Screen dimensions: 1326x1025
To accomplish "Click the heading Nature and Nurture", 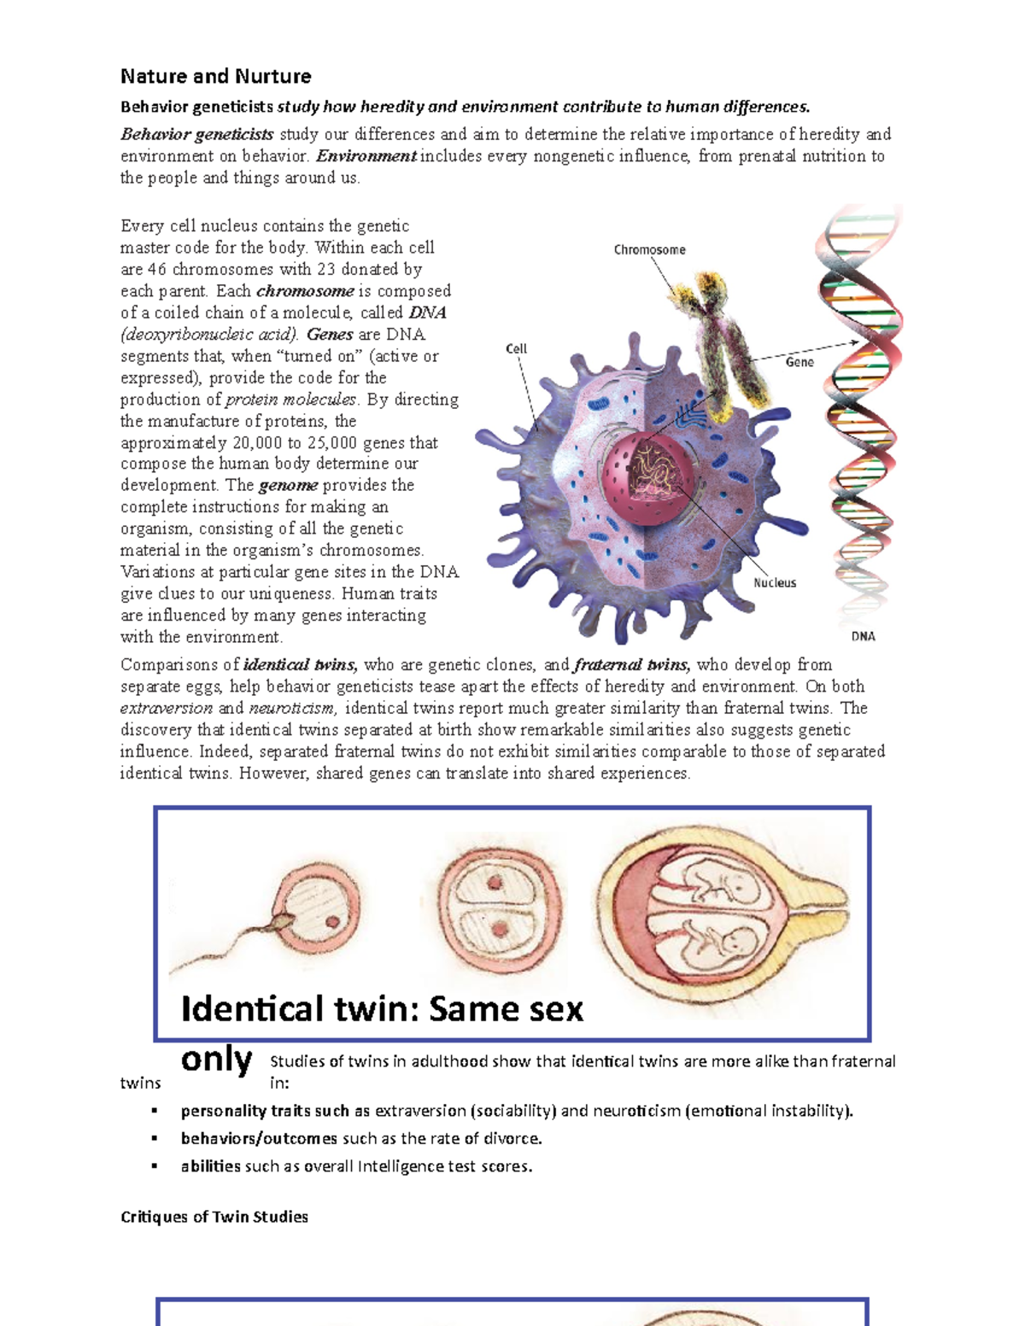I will pos(215,76).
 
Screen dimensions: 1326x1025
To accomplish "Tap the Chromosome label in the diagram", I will pos(649,249).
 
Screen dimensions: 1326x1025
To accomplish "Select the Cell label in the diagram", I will pos(516,348).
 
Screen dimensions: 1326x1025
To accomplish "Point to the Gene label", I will pos(799,362).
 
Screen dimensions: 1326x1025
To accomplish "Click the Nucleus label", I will pos(775,582).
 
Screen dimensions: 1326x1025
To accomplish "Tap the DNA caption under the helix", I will pos(863,636).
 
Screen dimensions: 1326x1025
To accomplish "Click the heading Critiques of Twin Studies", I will pos(214,1217).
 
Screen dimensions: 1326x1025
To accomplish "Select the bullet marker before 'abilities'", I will pos(155,1166).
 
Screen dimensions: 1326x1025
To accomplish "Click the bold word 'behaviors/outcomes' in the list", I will pos(259,1138).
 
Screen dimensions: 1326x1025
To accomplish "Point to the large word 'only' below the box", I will pos(216,1060).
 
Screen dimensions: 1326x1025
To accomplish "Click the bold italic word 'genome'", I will pos(288,485).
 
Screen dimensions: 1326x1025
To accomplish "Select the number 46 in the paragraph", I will pos(157,269).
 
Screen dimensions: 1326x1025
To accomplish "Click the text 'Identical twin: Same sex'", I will pos(382,1009).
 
